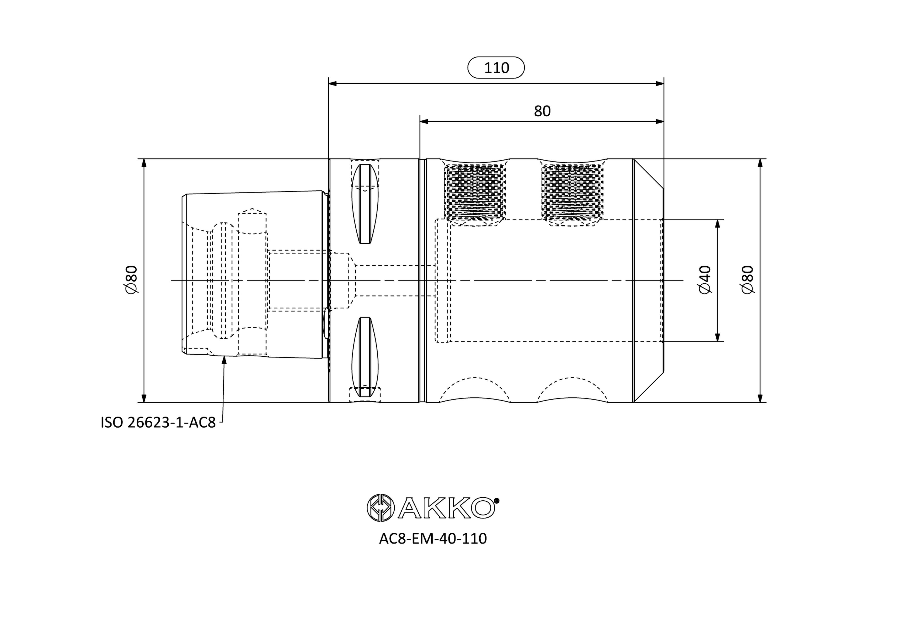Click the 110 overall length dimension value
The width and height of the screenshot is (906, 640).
[x=496, y=68]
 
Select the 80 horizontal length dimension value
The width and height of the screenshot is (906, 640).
[x=542, y=111]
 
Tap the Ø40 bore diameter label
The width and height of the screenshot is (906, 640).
[x=705, y=279]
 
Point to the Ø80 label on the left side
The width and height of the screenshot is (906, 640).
[x=131, y=279]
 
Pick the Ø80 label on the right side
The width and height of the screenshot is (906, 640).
[x=748, y=279]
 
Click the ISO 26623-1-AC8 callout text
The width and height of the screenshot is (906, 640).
[x=158, y=423]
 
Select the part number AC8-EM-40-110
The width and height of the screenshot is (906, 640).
[x=433, y=539]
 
